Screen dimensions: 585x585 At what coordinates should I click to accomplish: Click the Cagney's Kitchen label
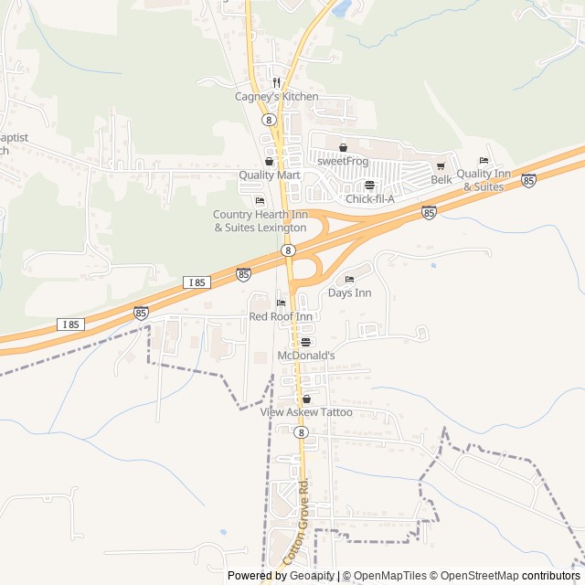click(x=275, y=97)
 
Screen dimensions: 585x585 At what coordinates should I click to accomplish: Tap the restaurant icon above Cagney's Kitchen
click(x=275, y=81)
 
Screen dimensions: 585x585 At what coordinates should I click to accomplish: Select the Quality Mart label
click(x=270, y=175)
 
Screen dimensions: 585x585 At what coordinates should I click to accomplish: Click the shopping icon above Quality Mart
click(x=269, y=162)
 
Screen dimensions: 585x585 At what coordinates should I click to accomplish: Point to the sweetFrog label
click(x=343, y=161)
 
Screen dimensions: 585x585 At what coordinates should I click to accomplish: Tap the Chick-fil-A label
click(x=370, y=199)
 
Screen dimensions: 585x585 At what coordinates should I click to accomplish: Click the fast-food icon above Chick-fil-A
click(x=369, y=186)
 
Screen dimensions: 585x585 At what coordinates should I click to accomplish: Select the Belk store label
click(x=441, y=180)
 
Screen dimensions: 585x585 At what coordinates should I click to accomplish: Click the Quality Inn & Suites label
click(x=483, y=180)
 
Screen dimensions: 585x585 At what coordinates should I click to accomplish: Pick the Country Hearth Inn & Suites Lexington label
click(x=260, y=220)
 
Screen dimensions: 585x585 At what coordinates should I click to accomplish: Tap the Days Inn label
click(x=350, y=293)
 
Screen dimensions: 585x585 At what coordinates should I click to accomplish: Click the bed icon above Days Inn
click(x=349, y=280)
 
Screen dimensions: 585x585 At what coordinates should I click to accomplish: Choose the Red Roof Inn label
click(x=281, y=316)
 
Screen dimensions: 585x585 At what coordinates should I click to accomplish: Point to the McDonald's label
click(x=306, y=356)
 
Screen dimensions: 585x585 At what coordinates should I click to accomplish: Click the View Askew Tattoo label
click(x=306, y=413)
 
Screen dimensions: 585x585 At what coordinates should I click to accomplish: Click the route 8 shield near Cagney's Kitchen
click(x=268, y=120)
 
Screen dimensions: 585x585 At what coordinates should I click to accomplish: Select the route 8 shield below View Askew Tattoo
click(x=301, y=433)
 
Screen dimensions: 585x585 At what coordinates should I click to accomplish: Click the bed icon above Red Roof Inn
click(x=281, y=303)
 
